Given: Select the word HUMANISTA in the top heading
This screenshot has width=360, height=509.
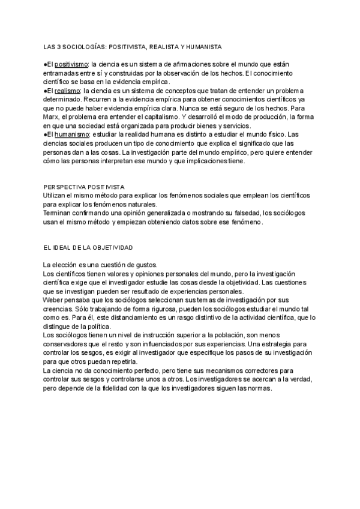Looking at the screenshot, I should coord(204,46).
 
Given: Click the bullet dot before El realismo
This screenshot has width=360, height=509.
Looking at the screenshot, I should coord(45,89).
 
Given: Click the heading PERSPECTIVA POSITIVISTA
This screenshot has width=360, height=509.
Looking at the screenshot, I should coord(83,187).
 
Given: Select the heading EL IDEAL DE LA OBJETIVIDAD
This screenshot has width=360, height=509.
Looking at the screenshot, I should coord(88,248).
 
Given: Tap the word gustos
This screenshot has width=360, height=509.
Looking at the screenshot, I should coord(128,265).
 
